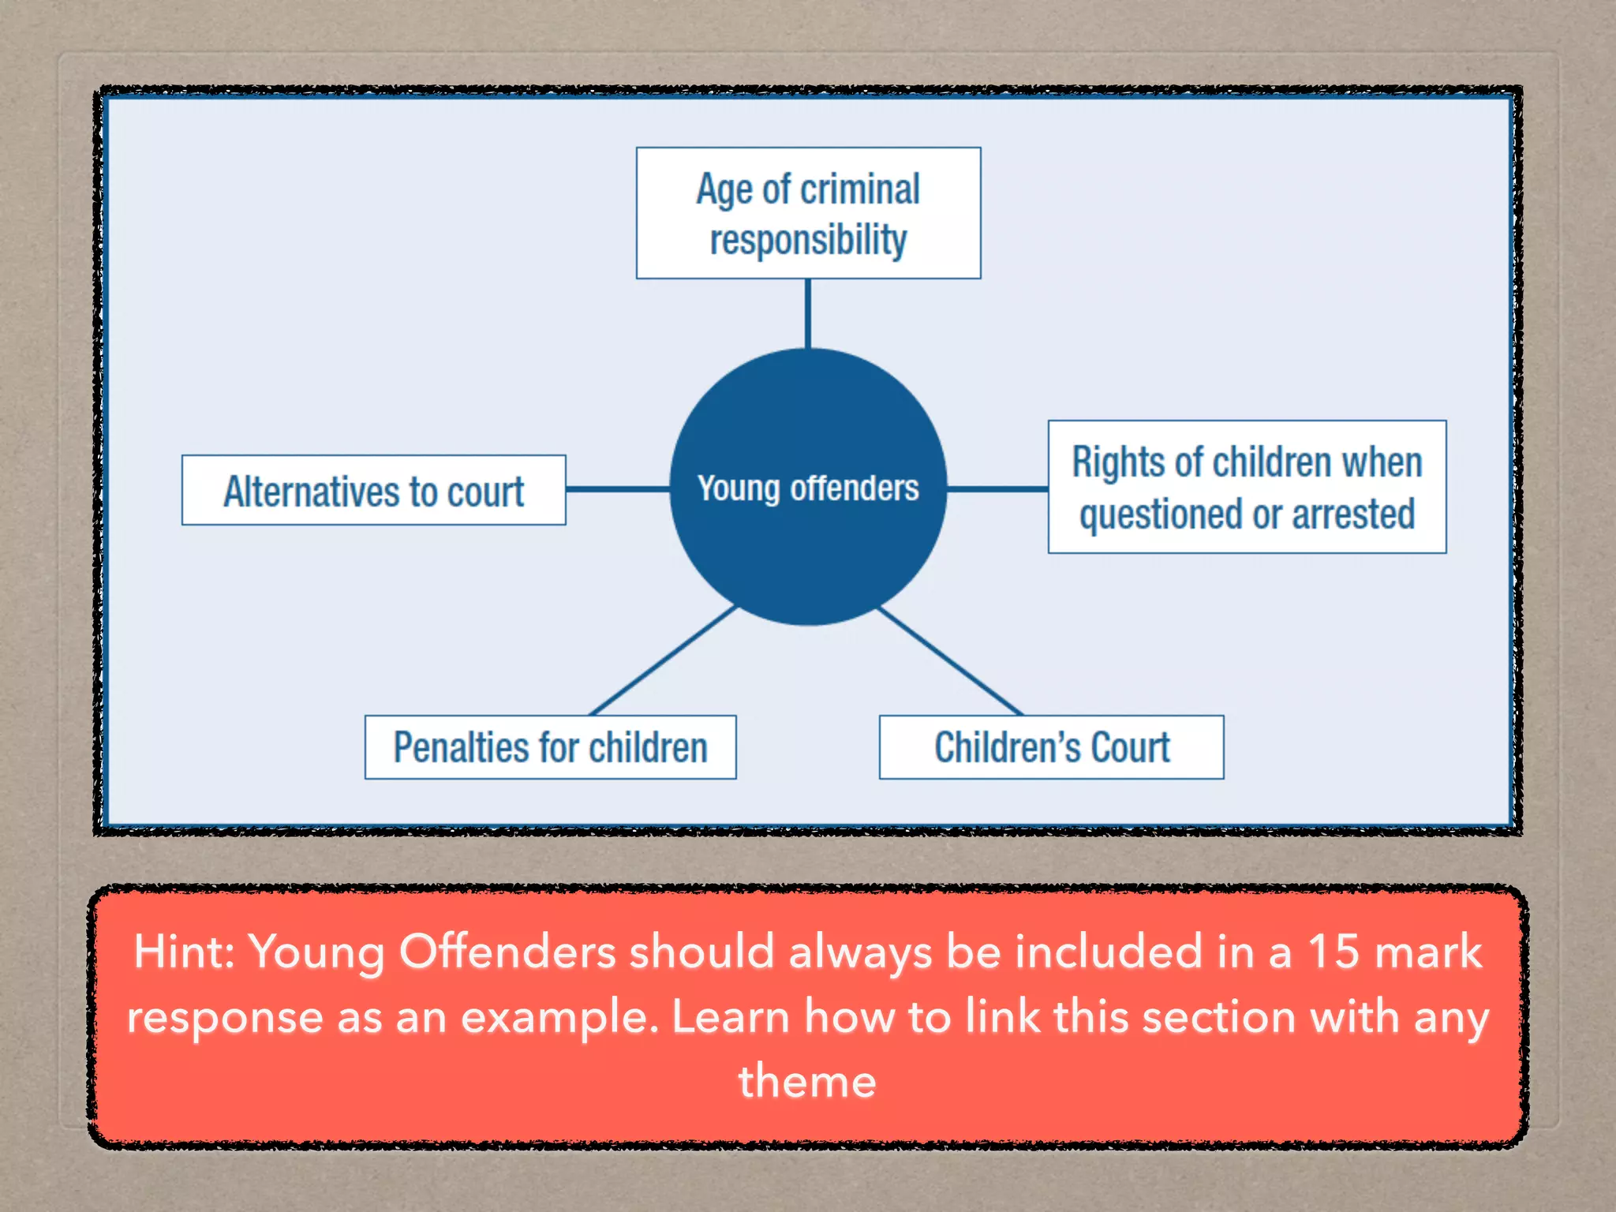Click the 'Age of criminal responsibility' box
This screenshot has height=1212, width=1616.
point(808,213)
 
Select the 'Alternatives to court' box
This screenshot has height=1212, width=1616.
point(373,490)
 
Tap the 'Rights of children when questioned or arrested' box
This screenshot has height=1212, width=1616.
point(1247,487)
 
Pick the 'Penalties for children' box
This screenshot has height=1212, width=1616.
point(550,747)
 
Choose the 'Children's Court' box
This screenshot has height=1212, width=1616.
point(1051,747)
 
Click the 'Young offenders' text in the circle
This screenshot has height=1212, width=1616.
point(808,488)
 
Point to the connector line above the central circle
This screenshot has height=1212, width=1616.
point(808,313)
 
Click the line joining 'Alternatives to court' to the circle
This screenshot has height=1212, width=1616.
point(618,489)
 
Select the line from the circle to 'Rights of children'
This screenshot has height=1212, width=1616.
point(997,489)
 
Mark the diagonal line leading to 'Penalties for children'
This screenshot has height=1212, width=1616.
point(663,660)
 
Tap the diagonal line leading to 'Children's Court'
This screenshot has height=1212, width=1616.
point(951,660)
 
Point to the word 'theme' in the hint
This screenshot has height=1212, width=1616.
point(807,1081)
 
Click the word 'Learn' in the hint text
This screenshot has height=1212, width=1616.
point(731,1016)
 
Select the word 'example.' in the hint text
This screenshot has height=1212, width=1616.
point(559,1018)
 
